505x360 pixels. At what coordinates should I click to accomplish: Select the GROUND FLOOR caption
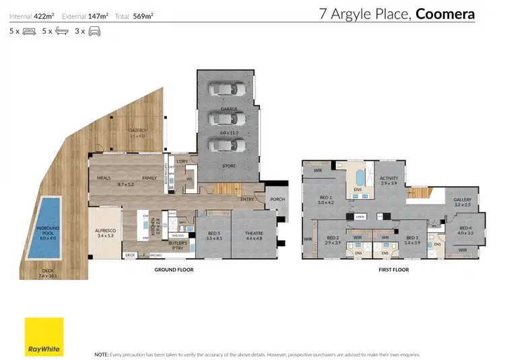click(174, 270)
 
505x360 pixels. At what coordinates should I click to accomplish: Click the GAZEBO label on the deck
click(137, 133)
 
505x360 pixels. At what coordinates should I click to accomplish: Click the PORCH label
click(277, 199)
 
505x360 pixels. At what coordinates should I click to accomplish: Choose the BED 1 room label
click(327, 197)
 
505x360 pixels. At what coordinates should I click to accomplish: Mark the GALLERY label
click(462, 199)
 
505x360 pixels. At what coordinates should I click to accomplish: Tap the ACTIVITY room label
click(389, 179)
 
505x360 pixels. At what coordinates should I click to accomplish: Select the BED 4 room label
click(466, 229)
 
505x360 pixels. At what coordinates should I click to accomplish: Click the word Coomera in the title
click(445, 13)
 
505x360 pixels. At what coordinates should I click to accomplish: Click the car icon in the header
click(95, 31)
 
